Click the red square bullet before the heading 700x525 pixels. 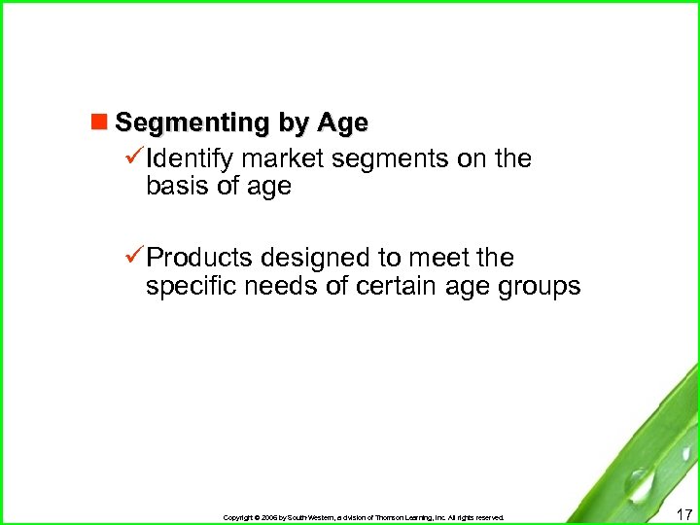coord(97,123)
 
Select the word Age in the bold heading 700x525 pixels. coord(342,123)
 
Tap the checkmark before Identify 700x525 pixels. coord(135,157)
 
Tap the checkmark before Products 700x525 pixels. coord(135,258)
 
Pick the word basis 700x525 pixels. coord(178,187)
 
